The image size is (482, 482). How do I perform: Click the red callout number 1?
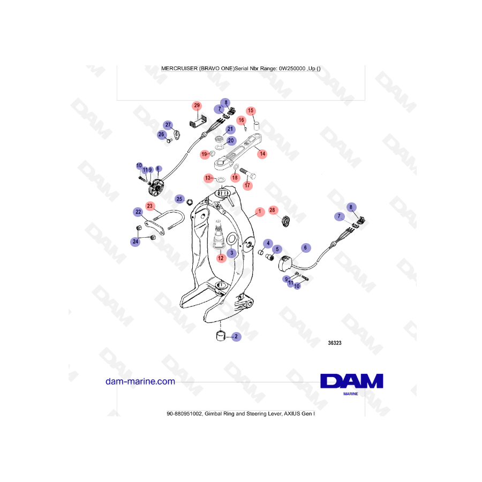click(x=259, y=212)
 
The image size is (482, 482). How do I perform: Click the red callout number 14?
click(x=262, y=154)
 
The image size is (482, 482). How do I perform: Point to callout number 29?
click(x=197, y=106)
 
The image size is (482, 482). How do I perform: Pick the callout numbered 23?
click(x=150, y=206)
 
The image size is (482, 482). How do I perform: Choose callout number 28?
click(x=272, y=210)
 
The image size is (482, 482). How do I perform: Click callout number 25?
click(x=180, y=199)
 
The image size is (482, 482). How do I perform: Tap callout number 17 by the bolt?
click(x=247, y=185)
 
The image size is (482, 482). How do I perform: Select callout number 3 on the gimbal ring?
click(x=231, y=252)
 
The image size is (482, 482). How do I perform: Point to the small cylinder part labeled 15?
click(x=256, y=126)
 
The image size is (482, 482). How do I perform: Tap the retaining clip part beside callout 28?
click(x=285, y=220)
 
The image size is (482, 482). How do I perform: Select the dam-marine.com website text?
click(x=141, y=381)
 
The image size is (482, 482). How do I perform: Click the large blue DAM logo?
click(x=351, y=381)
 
